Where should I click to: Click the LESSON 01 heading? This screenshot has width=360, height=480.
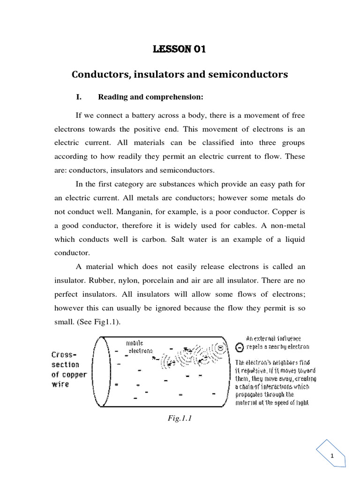click(x=180, y=50)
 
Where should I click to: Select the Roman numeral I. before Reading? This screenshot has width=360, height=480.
click(x=79, y=97)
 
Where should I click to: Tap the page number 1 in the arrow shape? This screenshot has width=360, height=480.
click(x=331, y=456)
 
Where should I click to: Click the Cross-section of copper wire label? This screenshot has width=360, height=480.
click(x=65, y=369)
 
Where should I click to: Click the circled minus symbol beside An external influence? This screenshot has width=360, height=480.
click(x=240, y=347)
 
